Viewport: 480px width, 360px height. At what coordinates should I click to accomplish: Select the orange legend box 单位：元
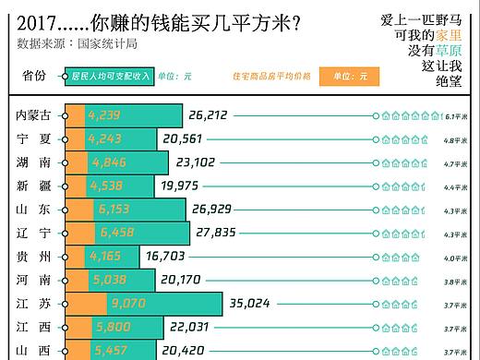[349, 76]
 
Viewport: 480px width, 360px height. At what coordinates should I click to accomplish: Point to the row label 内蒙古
[35, 115]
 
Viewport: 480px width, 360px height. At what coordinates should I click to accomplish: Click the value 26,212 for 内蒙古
[208, 115]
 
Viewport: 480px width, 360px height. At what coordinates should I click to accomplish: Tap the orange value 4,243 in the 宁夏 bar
[104, 138]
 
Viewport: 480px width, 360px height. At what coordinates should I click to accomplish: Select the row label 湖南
[34, 162]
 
